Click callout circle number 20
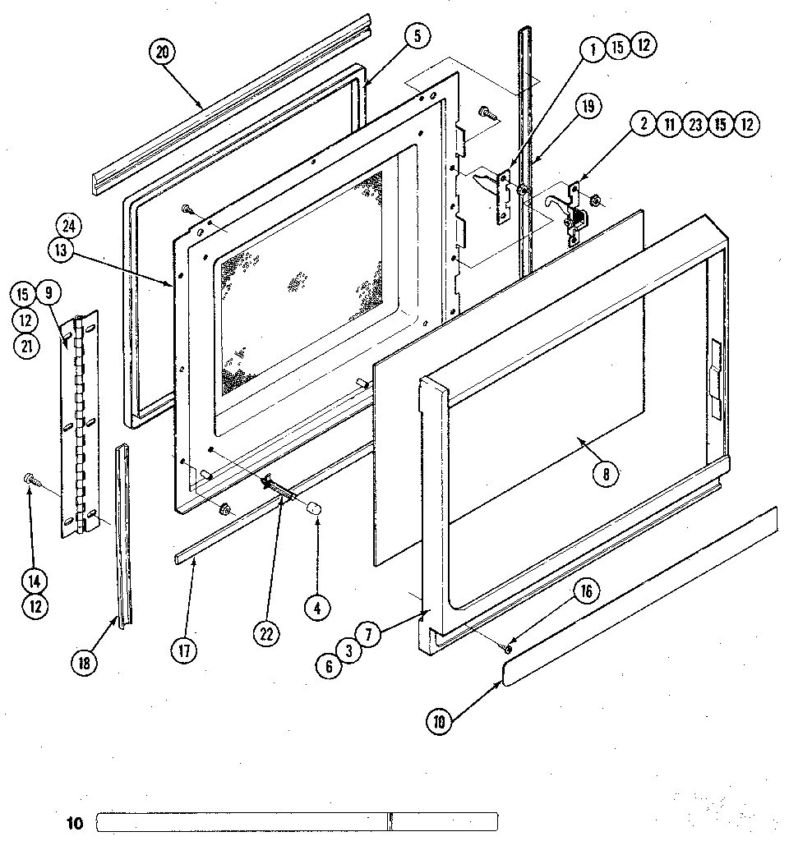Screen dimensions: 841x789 [x=162, y=52]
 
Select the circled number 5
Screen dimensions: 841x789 [x=418, y=35]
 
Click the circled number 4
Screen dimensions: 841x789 [x=317, y=608]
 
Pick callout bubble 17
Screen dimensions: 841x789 [x=184, y=651]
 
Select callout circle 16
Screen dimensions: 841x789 [x=587, y=591]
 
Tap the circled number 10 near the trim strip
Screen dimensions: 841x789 [x=441, y=722]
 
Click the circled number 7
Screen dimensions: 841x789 [x=370, y=635]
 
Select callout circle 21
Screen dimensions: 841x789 [x=26, y=346]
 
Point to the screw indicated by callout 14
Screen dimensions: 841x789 [x=30, y=478]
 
